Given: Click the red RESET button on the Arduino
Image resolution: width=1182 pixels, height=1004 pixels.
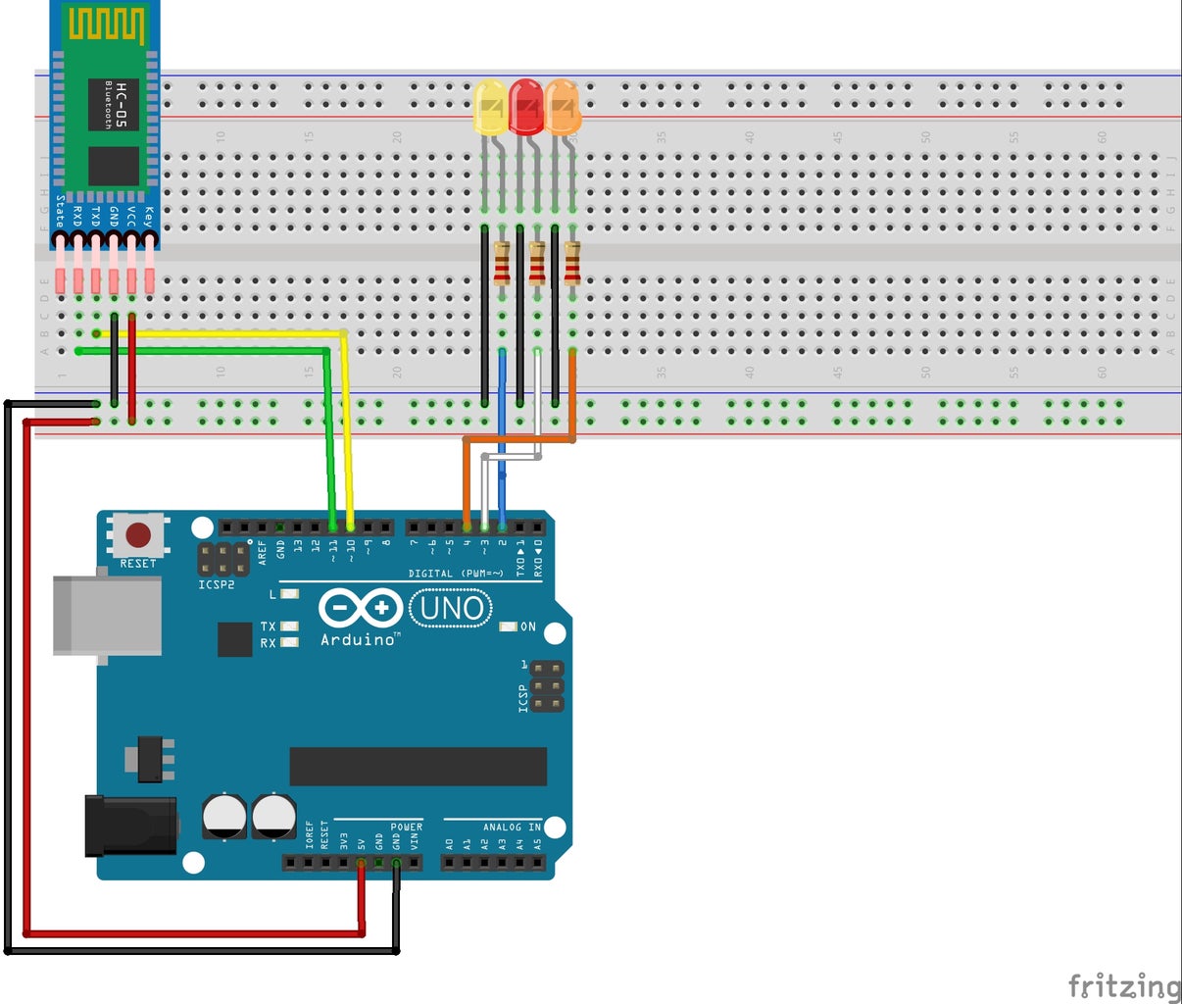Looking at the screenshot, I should [x=138, y=535].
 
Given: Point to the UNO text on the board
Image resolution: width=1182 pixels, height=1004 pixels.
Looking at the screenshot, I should [x=451, y=609].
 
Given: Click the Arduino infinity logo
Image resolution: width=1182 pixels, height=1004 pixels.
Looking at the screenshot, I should [x=360, y=609].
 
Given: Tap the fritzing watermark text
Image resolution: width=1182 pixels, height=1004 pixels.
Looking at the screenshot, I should [x=1123, y=984].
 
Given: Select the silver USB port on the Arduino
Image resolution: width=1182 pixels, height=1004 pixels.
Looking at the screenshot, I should [x=107, y=616].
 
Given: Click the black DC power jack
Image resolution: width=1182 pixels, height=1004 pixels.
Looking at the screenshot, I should [x=131, y=825].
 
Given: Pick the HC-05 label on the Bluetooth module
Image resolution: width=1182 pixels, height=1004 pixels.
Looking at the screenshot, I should [x=122, y=105].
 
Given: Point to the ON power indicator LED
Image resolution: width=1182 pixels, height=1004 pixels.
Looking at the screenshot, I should [x=509, y=627].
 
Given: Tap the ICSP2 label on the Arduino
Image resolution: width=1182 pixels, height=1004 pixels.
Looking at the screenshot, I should [x=217, y=585].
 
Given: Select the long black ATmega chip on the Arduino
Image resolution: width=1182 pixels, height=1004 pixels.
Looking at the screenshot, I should [x=418, y=767].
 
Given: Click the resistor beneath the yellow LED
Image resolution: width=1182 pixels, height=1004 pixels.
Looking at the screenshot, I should [x=502, y=263].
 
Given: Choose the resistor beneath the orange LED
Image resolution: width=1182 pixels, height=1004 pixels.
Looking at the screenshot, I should [x=572, y=263].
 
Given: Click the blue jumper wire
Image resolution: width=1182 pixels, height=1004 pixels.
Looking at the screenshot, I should [x=503, y=431].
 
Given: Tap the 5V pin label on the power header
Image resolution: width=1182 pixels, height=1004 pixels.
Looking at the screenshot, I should [x=362, y=843].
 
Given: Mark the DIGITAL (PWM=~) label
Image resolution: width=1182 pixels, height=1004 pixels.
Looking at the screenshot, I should [x=456, y=574].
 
